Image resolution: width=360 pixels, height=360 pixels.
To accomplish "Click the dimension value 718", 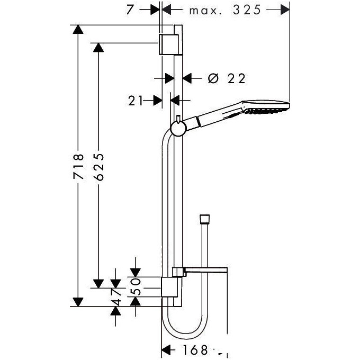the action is [78, 166].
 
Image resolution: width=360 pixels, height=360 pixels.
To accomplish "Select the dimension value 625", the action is [99, 167].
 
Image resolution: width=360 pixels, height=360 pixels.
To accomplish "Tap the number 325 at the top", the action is [247, 10].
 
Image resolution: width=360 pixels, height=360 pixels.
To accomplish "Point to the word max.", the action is [205, 11].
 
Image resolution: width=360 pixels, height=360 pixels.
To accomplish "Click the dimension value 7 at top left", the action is [130, 10].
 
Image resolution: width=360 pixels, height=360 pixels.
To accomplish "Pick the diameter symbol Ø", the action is [213, 78].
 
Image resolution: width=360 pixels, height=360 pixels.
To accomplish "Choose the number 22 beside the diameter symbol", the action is [237, 79].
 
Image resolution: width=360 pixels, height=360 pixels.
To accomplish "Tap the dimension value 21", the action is [135, 101].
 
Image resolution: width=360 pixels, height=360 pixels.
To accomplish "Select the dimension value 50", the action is [135, 286].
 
